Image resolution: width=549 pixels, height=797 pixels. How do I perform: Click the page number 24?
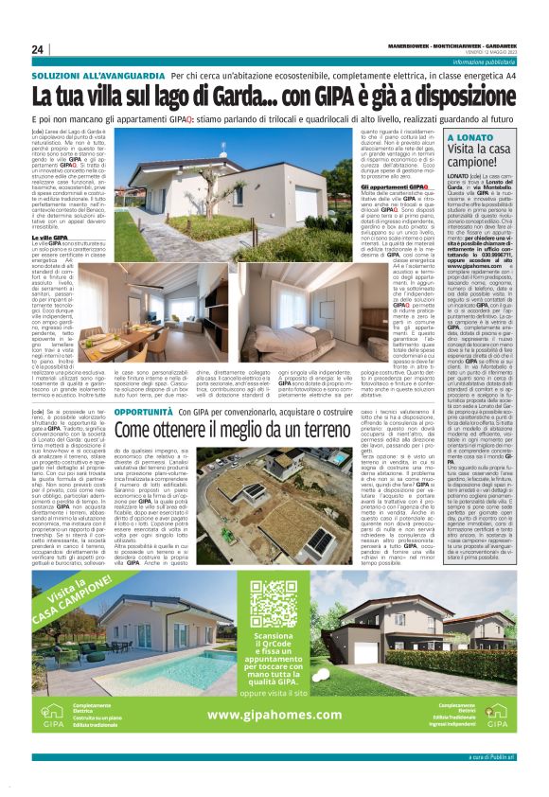[x=38, y=49]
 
